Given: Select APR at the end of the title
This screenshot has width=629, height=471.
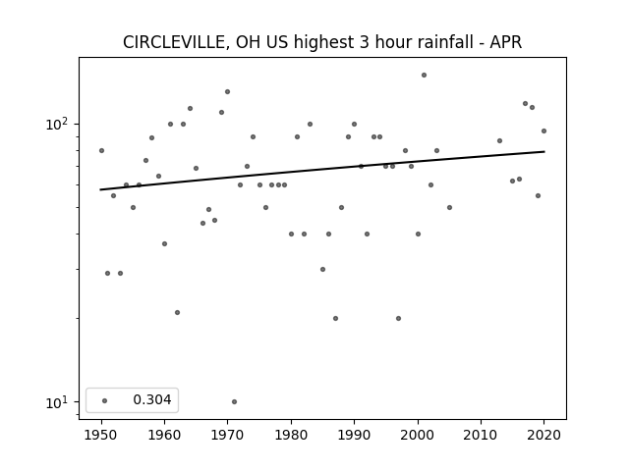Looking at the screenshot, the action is tap(506, 42).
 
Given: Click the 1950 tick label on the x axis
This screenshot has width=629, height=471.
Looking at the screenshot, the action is tap(101, 435).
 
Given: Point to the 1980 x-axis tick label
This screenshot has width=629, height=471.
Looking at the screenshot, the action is tap(291, 435).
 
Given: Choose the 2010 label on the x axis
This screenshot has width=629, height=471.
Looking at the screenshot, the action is tap(481, 435).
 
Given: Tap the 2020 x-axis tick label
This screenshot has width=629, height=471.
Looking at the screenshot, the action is tap(543, 435).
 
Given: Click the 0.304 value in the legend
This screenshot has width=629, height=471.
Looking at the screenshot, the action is tap(152, 399).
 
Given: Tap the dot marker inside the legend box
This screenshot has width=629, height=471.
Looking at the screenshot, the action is tap(105, 400).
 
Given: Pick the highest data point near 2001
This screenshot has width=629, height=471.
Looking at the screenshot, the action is tap(424, 75).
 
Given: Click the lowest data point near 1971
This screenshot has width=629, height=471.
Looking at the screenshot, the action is tap(234, 401).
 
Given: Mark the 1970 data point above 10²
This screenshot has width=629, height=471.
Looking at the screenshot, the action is tap(227, 91).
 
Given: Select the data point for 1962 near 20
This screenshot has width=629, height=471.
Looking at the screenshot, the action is tap(177, 312).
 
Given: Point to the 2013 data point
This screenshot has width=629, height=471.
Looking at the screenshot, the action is tap(499, 140).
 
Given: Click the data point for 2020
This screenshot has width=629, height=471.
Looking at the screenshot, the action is tap(543, 131).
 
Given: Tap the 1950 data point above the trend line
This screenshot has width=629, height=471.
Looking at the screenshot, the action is tap(101, 150).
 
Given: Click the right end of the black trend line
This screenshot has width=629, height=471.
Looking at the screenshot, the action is tap(544, 151).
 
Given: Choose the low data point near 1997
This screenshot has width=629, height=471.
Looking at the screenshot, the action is tap(398, 318).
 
